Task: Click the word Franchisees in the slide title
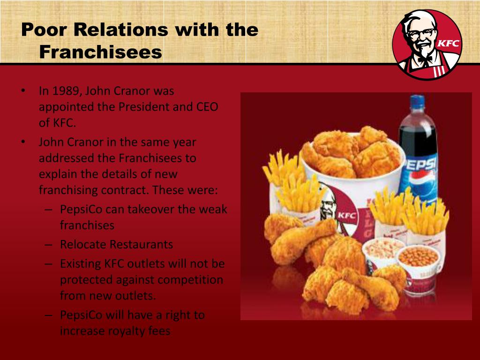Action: (100, 52)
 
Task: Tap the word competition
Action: (190, 279)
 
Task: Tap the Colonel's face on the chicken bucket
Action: (329, 205)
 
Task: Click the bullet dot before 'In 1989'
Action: (23, 90)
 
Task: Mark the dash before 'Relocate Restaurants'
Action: (48, 245)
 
